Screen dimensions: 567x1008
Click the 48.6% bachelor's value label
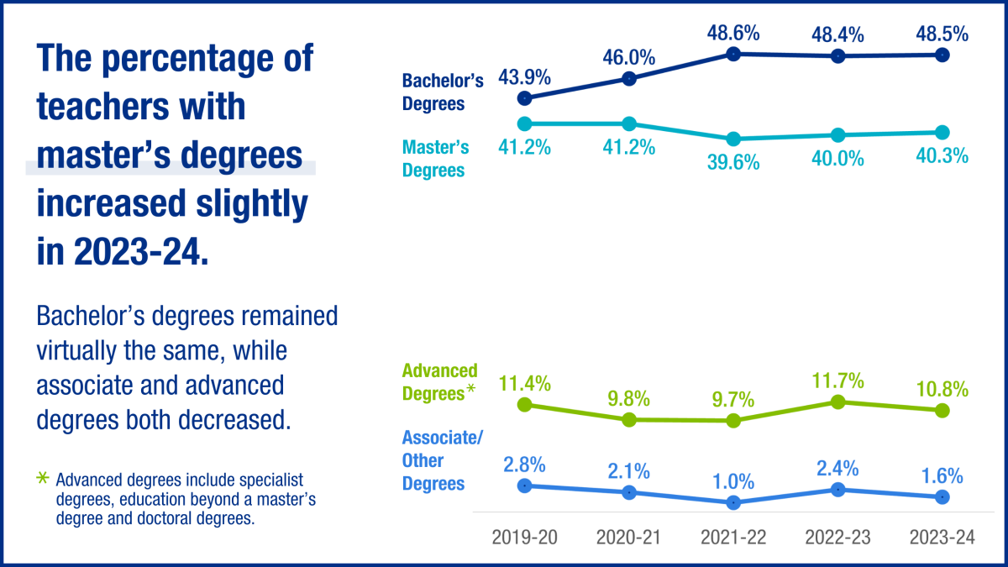point(733,34)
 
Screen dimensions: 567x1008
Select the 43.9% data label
point(525,78)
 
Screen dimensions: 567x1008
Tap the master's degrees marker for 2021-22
point(733,139)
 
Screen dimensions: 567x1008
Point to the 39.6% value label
point(733,163)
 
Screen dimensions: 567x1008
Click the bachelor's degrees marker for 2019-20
point(525,98)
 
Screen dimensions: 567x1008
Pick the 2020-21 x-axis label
point(629,538)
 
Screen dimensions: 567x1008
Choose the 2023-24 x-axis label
point(942,538)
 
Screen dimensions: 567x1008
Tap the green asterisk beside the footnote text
point(44,479)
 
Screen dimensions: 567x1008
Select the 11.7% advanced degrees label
point(837,381)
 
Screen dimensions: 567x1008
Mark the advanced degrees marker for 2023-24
point(942,410)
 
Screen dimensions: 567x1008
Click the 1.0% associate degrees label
point(733,482)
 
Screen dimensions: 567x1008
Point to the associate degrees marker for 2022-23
point(837,489)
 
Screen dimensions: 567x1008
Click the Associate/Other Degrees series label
point(438,460)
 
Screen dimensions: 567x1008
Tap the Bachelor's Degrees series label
point(443,92)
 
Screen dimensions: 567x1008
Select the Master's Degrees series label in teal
point(435,159)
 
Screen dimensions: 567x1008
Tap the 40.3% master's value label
point(942,156)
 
